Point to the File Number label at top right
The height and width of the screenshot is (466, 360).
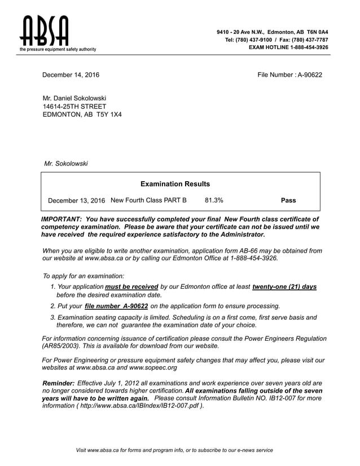(275, 75)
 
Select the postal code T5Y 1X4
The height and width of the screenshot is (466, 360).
(109, 115)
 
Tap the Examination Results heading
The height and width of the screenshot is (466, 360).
(175, 184)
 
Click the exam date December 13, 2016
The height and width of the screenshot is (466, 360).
(77, 201)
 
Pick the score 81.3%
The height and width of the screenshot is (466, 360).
(214, 200)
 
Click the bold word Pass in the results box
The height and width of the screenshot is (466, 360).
(288, 200)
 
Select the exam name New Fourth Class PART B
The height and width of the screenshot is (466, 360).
(148, 200)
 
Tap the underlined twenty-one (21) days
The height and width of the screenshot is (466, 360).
(284, 287)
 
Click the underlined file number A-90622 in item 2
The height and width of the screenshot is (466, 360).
(116, 306)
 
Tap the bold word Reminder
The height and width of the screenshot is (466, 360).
(58, 383)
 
